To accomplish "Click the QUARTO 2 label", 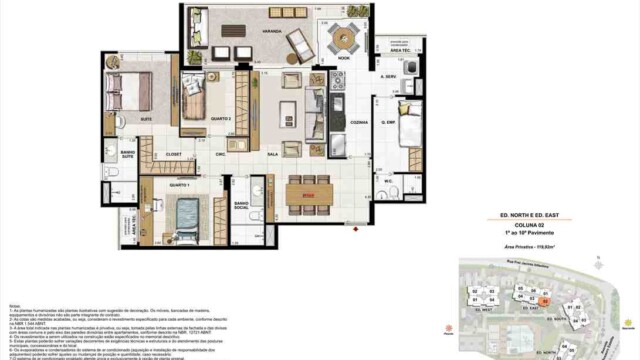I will point(194,119).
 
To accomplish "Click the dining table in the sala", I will point(308,192).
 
